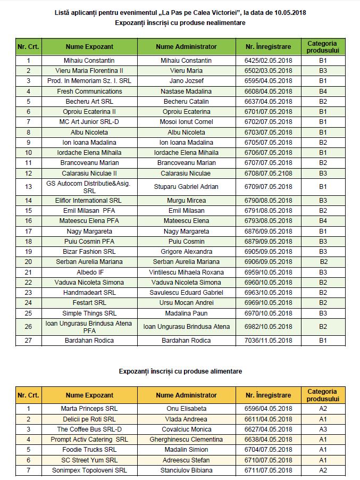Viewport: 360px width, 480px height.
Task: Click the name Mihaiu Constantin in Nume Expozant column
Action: tap(89, 61)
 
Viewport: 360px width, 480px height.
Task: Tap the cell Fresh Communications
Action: tap(89, 92)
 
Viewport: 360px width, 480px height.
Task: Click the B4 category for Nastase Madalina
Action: tap(323, 92)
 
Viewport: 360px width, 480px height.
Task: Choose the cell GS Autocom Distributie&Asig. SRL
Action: tap(89, 187)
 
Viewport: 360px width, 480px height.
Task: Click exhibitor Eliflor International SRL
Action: tap(89, 201)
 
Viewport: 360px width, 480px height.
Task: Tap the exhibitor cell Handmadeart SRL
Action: tap(89, 293)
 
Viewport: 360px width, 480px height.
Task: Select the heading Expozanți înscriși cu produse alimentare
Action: tap(180, 371)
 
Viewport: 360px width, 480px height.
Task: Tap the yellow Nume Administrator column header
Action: tap(186, 395)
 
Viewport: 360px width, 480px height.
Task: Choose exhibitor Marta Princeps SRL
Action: tap(89, 409)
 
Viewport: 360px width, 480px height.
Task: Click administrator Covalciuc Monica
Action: tap(186, 429)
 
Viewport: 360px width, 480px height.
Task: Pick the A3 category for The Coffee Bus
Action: tap(323, 429)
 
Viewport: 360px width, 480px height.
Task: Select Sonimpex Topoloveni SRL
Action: tap(89, 470)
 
